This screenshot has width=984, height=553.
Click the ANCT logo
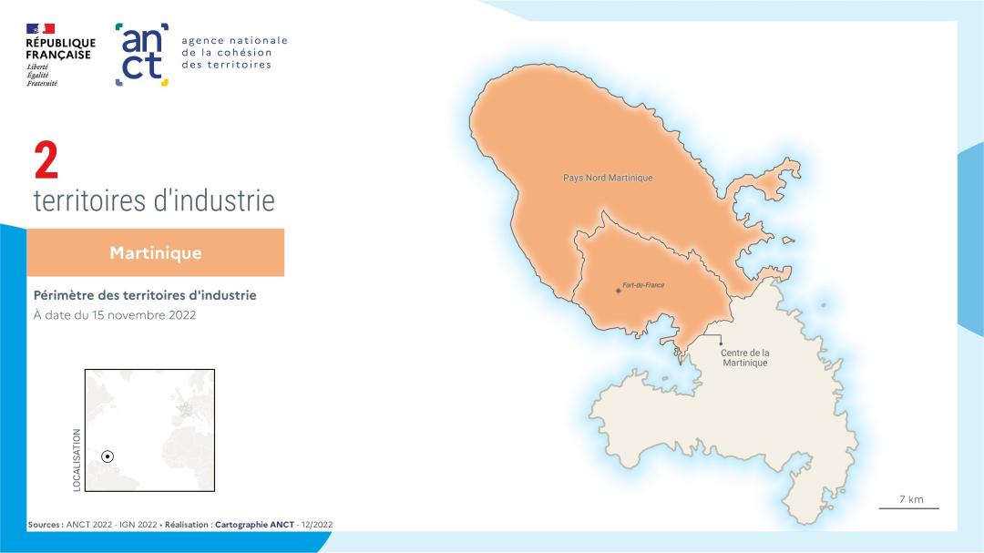coord(142,55)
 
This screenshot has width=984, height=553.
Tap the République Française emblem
coord(40,29)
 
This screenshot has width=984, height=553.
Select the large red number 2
coord(46,162)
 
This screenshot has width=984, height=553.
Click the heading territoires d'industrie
coord(154,200)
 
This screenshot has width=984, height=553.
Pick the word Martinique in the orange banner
coord(156,252)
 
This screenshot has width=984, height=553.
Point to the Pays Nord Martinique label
coord(608,178)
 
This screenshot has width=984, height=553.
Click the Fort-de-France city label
coord(643,285)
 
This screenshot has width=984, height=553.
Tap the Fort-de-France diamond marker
coord(619,291)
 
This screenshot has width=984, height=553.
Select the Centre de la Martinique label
coord(745,357)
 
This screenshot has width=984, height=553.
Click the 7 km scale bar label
coord(910,499)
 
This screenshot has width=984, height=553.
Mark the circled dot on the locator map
coord(108,456)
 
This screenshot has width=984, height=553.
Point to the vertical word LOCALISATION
coord(77,460)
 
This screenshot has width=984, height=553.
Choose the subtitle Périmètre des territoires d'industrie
coord(145,295)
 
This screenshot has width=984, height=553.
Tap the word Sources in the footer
coord(44,525)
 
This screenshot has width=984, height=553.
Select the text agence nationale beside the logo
coord(234,40)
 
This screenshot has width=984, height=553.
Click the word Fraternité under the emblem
coord(42,83)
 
